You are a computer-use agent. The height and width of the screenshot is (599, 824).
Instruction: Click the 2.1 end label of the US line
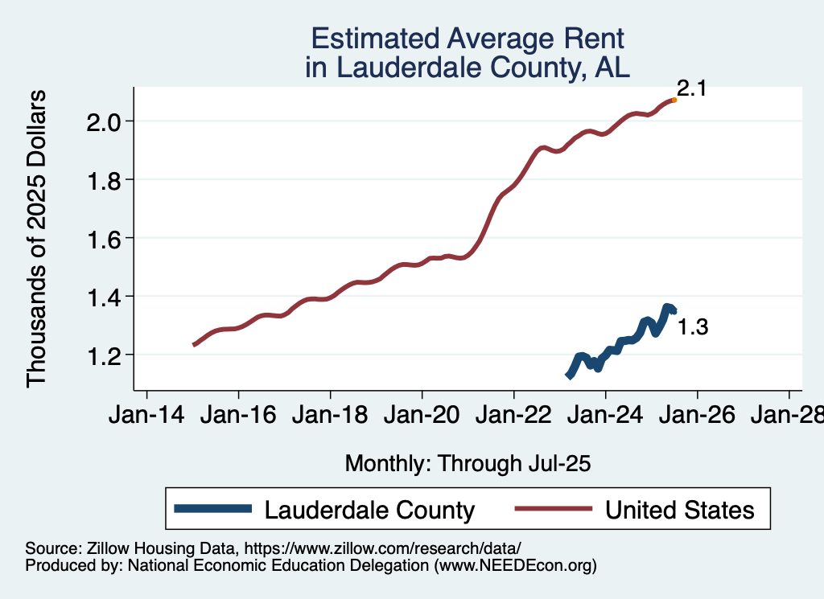691,88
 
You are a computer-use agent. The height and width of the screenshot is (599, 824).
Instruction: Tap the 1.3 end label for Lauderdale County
692,327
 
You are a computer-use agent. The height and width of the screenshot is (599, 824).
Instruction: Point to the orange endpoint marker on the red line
674,100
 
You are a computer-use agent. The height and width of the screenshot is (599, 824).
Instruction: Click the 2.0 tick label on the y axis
104,121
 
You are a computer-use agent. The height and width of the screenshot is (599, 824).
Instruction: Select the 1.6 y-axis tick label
104,238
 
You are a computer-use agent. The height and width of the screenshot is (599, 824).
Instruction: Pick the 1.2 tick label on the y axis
104,355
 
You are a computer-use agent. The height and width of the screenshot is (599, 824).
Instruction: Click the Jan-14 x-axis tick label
146,416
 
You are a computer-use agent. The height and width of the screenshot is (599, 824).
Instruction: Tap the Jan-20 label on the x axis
422,416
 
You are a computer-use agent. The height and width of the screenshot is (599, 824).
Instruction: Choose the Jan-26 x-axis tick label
697,416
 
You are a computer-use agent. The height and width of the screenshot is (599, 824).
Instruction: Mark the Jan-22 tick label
513,416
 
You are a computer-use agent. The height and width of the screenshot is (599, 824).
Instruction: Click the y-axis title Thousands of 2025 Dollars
37,239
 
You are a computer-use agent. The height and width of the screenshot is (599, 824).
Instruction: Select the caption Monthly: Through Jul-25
468,463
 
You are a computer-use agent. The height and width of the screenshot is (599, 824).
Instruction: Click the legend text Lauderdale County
369,510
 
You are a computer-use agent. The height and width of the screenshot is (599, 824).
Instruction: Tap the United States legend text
679,510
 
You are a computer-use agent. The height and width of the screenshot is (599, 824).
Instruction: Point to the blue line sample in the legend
213,510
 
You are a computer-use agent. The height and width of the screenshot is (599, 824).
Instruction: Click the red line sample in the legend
554,510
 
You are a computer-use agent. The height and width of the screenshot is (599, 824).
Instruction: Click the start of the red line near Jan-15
194,344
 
